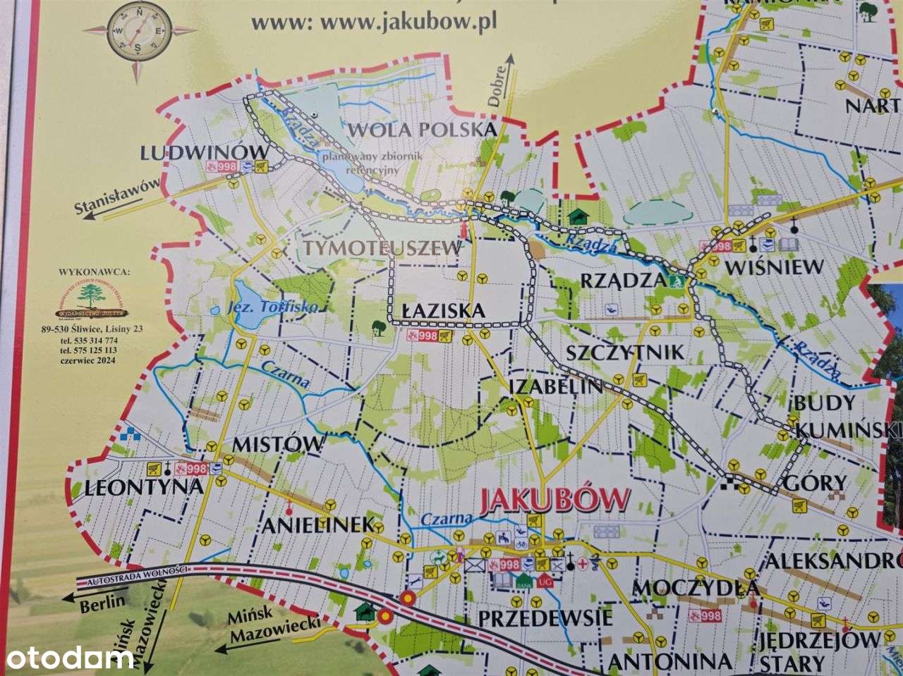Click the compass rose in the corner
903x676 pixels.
138,30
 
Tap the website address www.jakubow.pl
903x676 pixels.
374,22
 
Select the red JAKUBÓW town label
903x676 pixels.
554,500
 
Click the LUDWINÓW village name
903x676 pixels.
205,152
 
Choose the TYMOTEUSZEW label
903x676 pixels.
383,248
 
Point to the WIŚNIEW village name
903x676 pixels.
774,267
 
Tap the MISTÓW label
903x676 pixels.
278,444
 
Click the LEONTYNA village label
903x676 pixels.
143,487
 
